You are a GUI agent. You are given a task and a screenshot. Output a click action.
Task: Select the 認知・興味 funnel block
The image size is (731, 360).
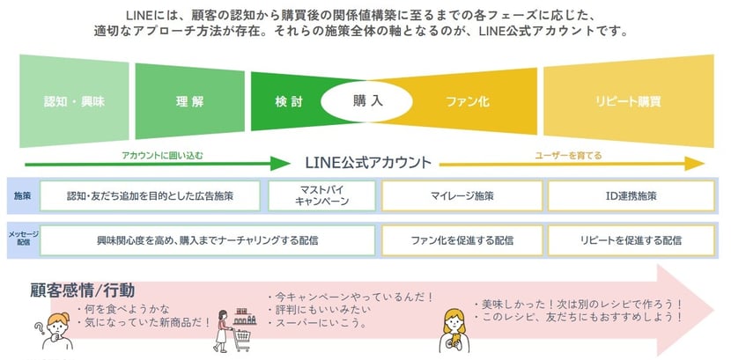[74, 101]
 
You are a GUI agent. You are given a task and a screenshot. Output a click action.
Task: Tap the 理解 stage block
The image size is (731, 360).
[189, 101]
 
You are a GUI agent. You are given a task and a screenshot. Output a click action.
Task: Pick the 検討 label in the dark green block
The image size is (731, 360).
[288, 101]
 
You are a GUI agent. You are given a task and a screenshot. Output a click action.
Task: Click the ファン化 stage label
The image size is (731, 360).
[468, 101]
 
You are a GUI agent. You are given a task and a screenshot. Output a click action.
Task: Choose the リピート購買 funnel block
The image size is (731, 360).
[626, 101]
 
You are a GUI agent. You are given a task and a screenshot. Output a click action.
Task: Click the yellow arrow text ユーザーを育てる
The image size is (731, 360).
[569, 155]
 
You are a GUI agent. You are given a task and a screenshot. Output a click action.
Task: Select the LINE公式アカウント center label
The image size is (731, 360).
[368, 163]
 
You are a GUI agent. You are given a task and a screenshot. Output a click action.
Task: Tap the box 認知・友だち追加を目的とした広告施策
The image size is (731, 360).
[150, 195]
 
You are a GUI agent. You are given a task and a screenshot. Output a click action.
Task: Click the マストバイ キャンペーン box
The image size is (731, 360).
[321, 195]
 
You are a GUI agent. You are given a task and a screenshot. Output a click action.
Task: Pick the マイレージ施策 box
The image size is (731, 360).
[462, 195]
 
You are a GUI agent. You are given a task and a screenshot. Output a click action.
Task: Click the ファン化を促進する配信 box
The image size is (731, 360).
[462, 239]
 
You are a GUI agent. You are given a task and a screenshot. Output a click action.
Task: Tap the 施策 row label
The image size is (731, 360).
[23, 195]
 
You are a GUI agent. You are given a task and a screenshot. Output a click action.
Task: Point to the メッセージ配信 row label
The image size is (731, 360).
[23, 239]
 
